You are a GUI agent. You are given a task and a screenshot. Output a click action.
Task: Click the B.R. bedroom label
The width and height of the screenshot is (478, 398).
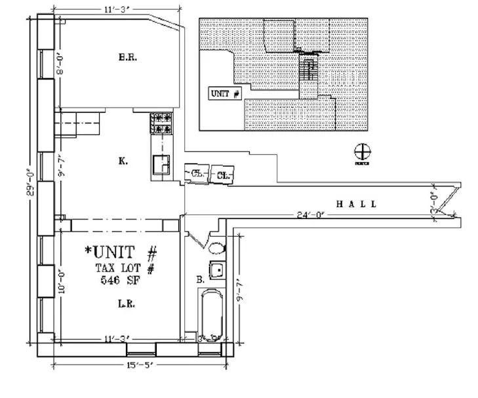point(127,58)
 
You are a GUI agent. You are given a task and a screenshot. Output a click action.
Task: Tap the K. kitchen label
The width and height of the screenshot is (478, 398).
point(123,161)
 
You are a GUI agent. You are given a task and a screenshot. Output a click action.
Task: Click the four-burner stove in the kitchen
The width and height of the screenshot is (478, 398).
point(161,123)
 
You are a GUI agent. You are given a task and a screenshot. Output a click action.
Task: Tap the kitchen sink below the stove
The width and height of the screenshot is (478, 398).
point(161,164)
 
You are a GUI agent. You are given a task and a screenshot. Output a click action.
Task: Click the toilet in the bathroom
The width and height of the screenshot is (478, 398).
point(218,248)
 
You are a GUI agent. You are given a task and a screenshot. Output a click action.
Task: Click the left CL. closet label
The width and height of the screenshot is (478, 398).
point(197,174)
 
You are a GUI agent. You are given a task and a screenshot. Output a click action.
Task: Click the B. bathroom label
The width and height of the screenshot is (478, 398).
point(199,280)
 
